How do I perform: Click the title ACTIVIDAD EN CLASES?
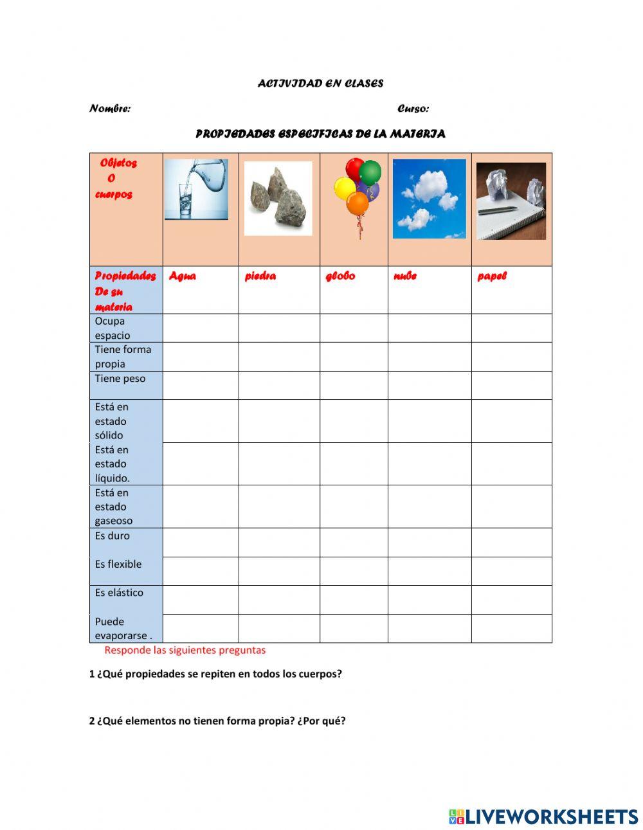[320, 84]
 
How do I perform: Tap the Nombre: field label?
[110, 109]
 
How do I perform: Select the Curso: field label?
[413, 109]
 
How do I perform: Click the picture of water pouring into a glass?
[196, 190]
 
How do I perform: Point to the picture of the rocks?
[278, 198]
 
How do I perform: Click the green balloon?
[370, 172]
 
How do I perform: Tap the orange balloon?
[358, 204]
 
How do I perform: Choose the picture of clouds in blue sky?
[429, 199]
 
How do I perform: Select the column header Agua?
[183, 276]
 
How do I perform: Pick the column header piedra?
[260, 276]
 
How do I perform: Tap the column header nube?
[405, 276]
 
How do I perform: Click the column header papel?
[492, 276]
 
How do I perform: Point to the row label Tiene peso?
[120, 379]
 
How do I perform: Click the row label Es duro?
[113, 536]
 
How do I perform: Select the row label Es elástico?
[119, 593]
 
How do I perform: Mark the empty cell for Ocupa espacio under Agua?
[201, 328]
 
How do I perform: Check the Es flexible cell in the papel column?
[511, 571]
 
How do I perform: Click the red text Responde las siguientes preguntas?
[185, 650]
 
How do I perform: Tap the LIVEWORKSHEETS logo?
[543, 816]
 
